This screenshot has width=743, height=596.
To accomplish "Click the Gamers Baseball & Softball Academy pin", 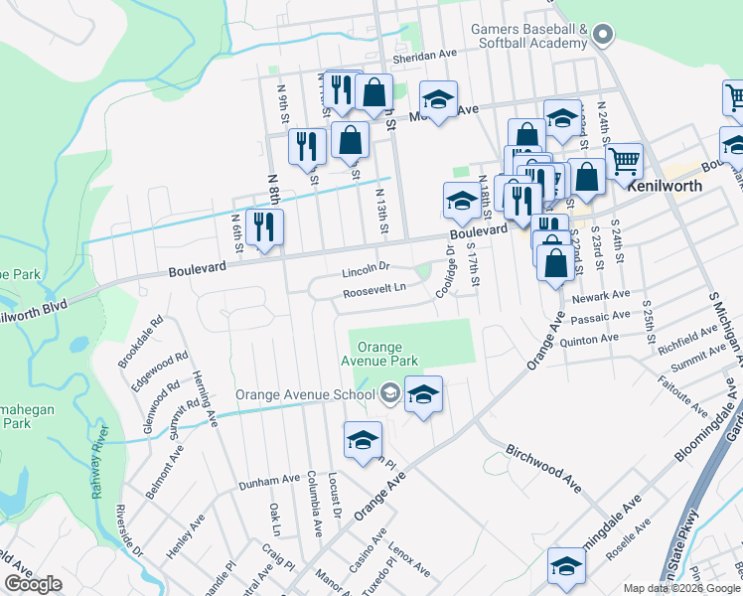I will (x=602, y=37).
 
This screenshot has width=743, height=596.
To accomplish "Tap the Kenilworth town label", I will (x=671, y=186).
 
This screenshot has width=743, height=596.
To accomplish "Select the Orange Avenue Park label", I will (x=379, y=355).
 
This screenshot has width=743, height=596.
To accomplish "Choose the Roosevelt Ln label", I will (x=374, y=289).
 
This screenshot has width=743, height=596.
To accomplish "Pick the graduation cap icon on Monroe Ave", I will (x=437, y=99).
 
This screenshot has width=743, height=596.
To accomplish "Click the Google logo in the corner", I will (x=33, y=584).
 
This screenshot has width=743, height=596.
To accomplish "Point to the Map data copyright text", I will (x=680, y=588).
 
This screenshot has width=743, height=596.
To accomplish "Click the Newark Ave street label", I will (x=607, y=295).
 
